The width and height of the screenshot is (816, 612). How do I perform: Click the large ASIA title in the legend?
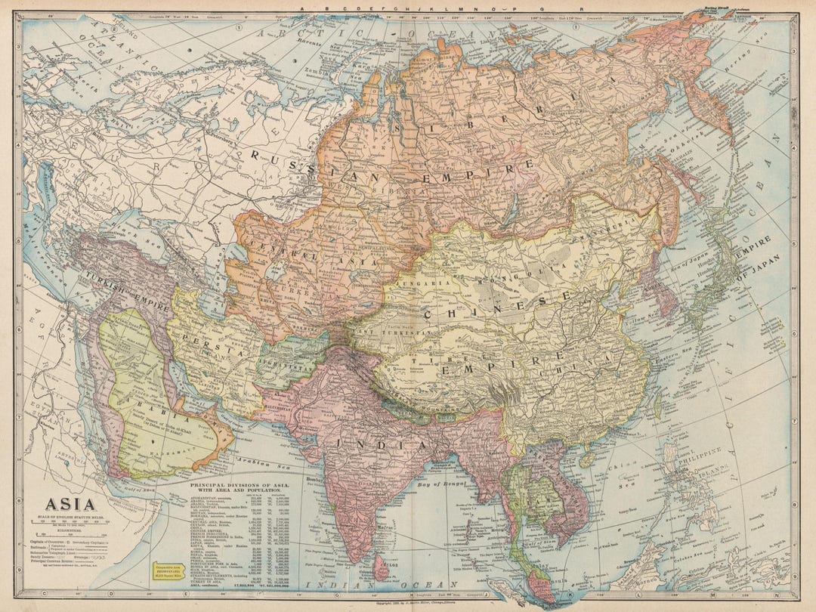pyautogui.click(x=70, y=505)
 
